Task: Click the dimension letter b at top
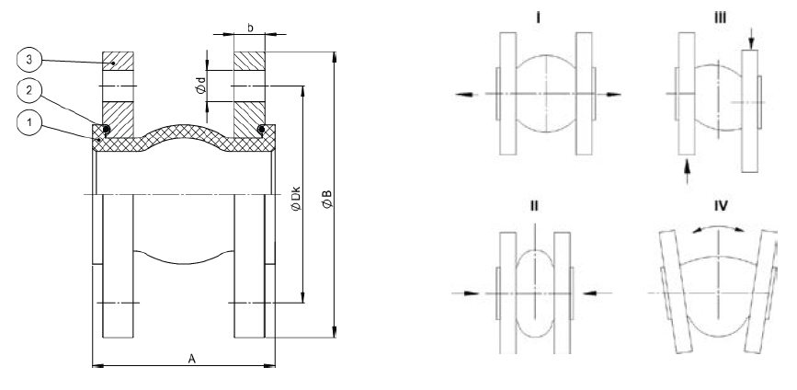point(250,29)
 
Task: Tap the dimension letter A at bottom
point(191,357)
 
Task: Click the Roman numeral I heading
point(537,17)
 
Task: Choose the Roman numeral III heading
point(719,17)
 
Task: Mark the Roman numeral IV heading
point(721,206)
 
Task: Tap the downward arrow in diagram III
point(752,38)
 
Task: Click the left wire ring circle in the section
point(107,130)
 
